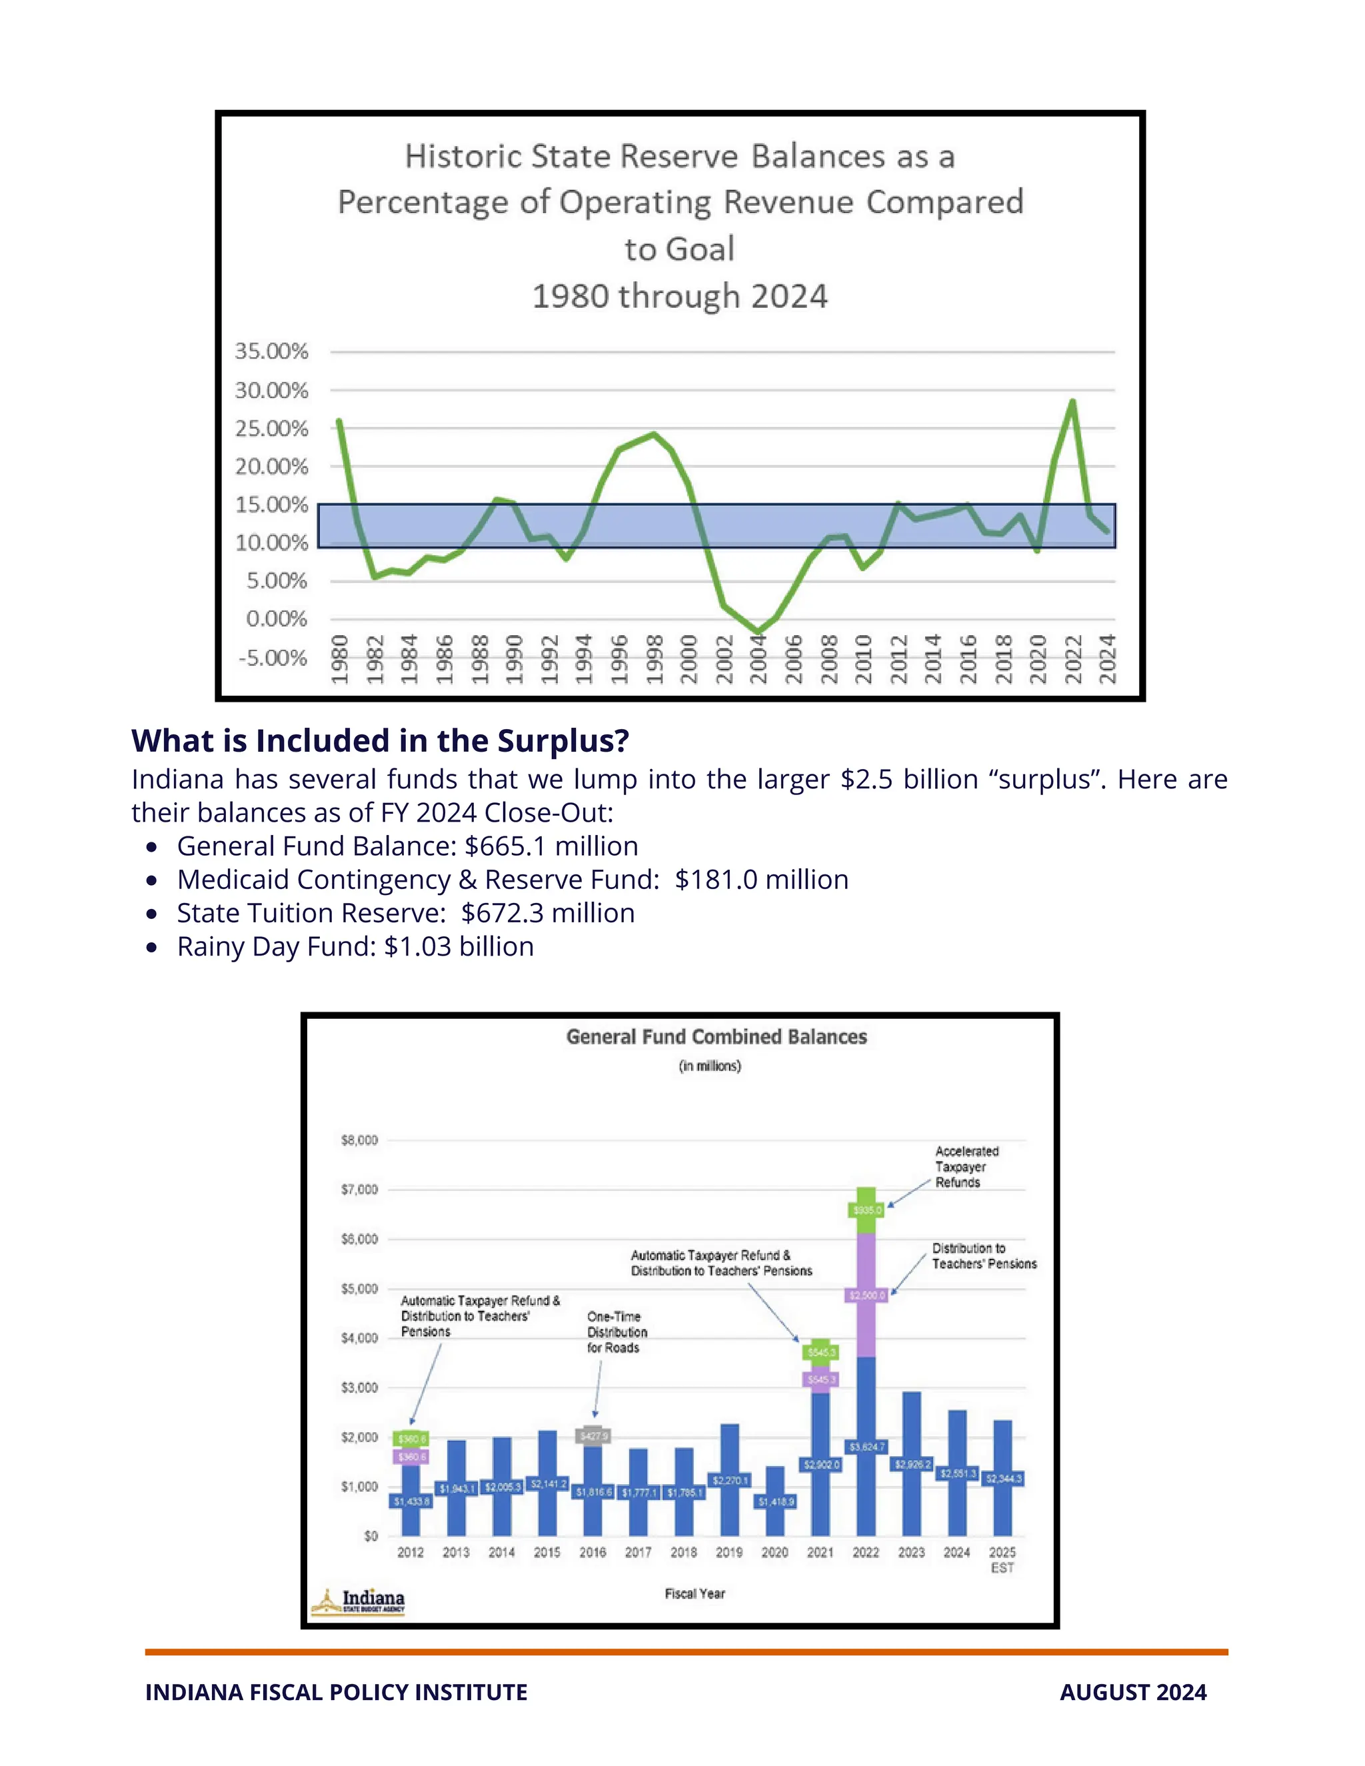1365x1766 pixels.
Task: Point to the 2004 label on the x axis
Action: point(758,659)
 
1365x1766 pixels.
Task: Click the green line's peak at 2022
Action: point(1072,401)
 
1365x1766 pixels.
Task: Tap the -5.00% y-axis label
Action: point(273,657)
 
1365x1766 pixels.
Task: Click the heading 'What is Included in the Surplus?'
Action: point(380,740)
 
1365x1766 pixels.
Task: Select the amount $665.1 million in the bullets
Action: point(551,846)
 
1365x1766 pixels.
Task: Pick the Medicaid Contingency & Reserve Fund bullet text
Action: point(513,879)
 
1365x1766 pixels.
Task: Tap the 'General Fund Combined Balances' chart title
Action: point(716,1037)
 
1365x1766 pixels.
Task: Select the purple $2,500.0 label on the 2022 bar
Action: point(866,1295)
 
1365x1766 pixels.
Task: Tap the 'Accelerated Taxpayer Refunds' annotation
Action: point(966,1166)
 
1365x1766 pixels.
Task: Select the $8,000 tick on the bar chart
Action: point(359,1140)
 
